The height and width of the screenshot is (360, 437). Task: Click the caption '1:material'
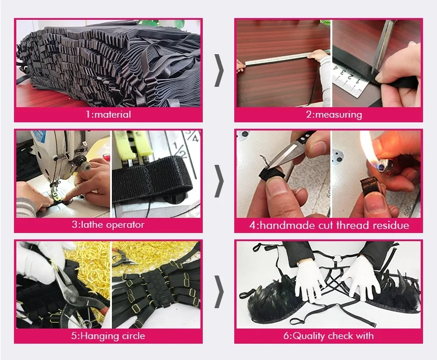coord(108,115)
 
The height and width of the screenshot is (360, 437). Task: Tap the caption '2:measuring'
coord(334,115)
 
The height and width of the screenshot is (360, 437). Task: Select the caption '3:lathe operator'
coord(108,225)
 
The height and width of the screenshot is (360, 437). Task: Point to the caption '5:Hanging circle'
coord(108,336)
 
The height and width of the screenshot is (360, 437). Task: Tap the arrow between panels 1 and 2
coord(219,70)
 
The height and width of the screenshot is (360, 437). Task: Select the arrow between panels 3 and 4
coord(219,181)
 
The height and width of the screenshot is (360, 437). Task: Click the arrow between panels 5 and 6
coord(219,292)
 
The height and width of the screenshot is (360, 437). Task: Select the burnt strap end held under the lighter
coord(370,185)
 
